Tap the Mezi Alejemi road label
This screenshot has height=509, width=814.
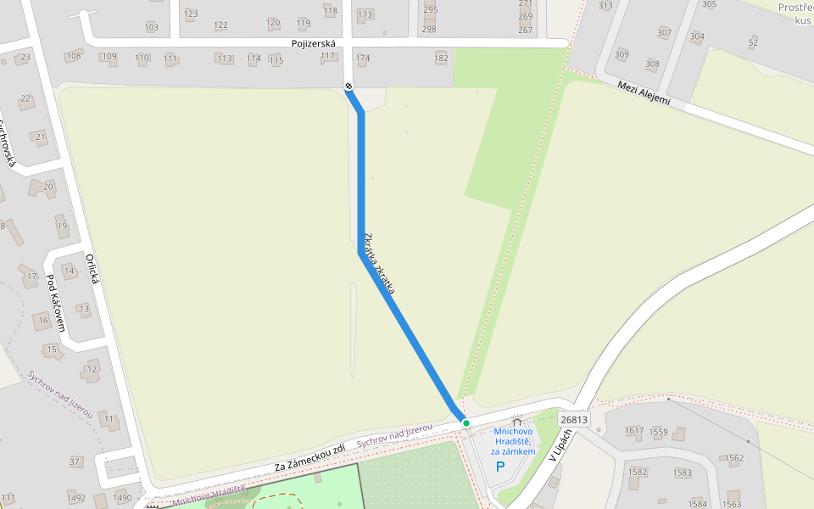click(644, 93)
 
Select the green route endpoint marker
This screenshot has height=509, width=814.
click(466, 422)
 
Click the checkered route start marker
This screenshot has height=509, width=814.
click(348, 87)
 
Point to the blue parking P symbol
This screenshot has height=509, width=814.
click(499, 467)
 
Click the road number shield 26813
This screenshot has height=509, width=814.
click(574, 419)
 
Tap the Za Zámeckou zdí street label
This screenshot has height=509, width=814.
click(309, 458)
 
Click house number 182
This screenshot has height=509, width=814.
click(441, 58)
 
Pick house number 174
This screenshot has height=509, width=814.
click(363, 59)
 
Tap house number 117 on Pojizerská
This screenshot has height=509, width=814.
click(328, 56)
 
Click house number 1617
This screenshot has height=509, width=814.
click(634, 431)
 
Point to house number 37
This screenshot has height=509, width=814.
click(75, 461)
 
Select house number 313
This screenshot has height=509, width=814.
click(605, 6)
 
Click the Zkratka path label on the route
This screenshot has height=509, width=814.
click(379, 264)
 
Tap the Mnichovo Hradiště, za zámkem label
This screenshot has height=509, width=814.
click(514, 441)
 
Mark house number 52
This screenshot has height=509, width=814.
click(753, 42)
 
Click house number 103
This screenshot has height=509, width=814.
click(152, 27)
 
